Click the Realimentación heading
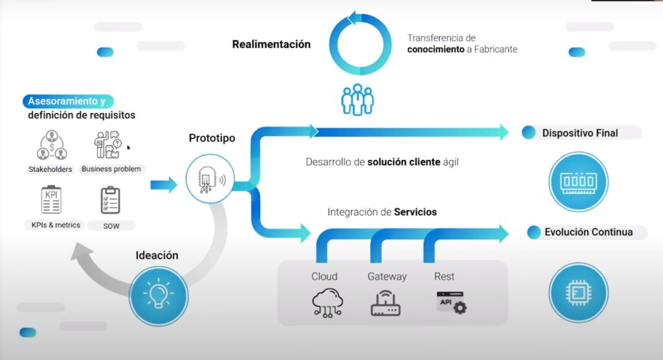[271, 45]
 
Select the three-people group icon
[357, 99]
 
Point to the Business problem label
[111, 169]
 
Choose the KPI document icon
[51, 199]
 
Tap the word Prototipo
[212, 138]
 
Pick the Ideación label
[157, 255]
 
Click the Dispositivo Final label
[580, 133]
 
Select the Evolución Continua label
[588, 232]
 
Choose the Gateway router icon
[386, 301]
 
